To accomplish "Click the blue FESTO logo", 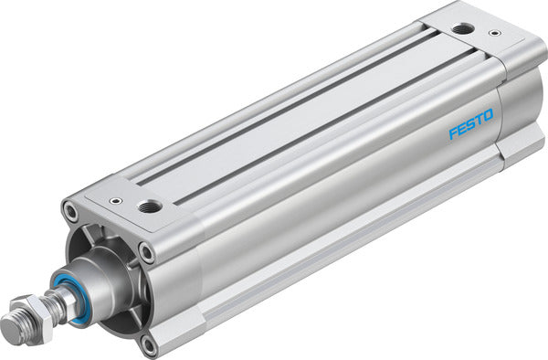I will point(470,125).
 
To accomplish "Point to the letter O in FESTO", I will point(488,116).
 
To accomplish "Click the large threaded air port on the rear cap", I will point(463,28).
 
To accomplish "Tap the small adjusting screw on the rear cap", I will point(494,34).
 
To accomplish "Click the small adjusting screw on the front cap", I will point(115,202).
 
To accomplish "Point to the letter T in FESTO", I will point(478,122).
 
